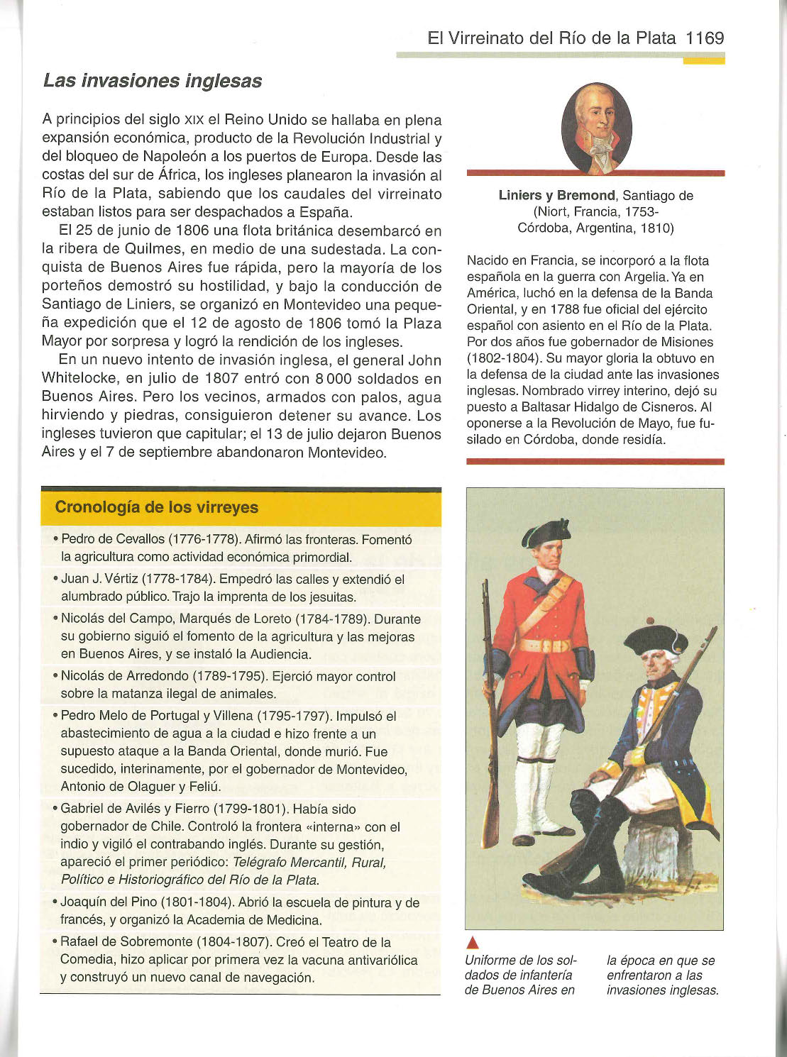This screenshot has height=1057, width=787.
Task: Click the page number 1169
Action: click(x=705, y=38)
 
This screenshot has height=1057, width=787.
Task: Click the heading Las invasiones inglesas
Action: click(x=153, y=81)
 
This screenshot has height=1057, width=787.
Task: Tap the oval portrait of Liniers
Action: click(x=596, y=128)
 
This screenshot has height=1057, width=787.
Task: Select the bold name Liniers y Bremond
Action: click(x=557, y=195)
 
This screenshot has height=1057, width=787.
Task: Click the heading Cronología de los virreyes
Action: click(x=157, y=507)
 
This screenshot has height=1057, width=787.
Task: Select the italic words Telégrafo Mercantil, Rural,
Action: click(x=309, y=863)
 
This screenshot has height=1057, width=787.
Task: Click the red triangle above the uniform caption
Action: click(x=473, y=943)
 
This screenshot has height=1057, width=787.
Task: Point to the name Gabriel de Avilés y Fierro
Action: click(x=135, y=809)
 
